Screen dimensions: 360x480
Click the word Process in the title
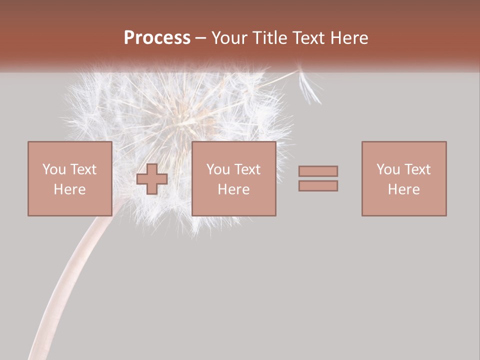[x=157, y=38]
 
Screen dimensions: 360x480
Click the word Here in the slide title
[x=350, y=38]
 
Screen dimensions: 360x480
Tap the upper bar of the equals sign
[x=318, y=171]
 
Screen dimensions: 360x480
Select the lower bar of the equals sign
[x=318, y=186]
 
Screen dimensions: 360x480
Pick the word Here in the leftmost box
[x=69, y=189]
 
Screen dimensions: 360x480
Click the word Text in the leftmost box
[x=82, y=169]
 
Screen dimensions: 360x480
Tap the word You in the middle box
[x=218, y=169]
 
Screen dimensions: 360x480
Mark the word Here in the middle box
[x=233, y=189]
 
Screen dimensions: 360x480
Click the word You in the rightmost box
[x=388, y=169]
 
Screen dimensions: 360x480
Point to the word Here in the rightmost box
[x=403, y=189]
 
